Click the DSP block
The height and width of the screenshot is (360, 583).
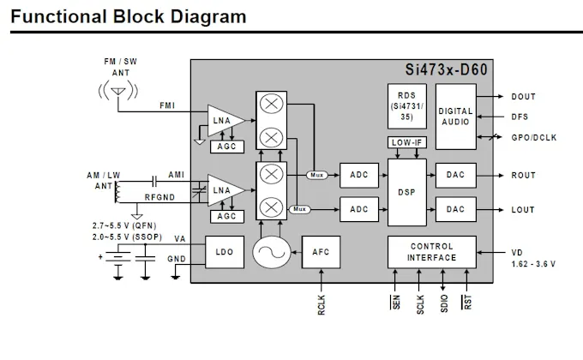point(406,192)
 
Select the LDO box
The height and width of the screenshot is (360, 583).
point(225,252)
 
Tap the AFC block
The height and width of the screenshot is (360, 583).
point(321,252)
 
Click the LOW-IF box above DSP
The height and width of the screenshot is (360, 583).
point(406,142)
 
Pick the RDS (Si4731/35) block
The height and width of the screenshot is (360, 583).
point(406,106)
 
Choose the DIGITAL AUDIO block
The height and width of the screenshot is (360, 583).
point(456,117)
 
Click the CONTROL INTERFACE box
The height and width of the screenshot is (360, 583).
point(431,252)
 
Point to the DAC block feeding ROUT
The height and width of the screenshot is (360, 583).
point(456,175)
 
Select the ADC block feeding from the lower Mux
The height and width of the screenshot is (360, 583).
point(359,209)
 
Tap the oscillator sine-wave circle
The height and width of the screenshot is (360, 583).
point(272,252)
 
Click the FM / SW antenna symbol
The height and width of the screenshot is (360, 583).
point(118,91)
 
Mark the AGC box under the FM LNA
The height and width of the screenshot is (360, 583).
point(227,147)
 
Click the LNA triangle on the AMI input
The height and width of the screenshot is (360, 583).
point(225,190)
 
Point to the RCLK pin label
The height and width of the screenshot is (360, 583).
point(322,305)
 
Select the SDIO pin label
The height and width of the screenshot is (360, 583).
point(444,303)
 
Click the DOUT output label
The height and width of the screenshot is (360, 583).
point(524,97)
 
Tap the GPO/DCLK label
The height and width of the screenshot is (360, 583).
point(534,138)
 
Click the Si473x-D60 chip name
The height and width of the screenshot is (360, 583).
point(446,69)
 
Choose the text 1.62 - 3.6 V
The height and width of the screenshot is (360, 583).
point(533,264)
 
